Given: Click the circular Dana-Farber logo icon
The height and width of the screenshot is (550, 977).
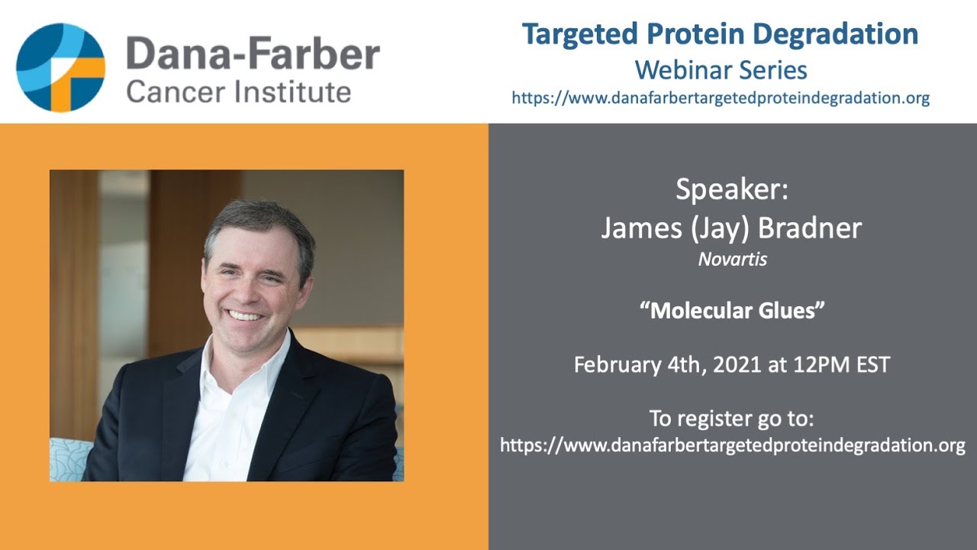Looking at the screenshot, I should pos(60,67).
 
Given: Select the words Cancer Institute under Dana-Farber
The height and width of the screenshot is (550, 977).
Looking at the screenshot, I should pos(239,92).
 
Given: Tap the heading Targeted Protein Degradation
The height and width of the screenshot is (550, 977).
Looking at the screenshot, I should pos(720,34).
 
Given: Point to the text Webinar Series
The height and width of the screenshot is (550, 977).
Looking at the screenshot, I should pos(721,70).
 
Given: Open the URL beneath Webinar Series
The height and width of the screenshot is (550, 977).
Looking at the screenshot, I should pos(721,98).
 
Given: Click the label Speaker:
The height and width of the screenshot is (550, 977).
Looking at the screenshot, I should pos(732,189).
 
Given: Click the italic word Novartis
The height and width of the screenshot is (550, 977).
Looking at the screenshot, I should pos(732,260).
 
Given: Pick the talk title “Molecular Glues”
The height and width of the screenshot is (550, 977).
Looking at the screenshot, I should pos(732,312).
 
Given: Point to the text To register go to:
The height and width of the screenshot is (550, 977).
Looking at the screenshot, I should pos(732,419).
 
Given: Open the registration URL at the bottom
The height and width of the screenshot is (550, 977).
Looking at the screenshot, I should pos(733,445).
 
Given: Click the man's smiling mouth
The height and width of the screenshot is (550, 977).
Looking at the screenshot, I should pos(246,315).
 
